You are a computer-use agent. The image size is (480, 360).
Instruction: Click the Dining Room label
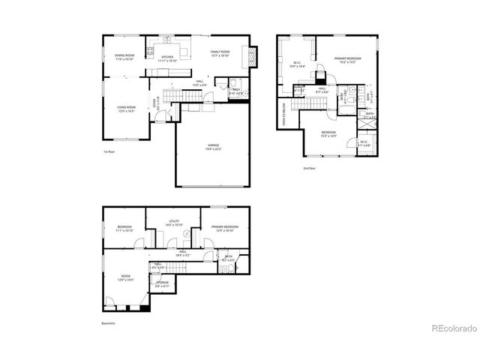[x=124, y=56]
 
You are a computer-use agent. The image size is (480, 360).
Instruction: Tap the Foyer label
[x=156, y=103]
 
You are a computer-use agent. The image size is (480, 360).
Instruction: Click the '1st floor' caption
[x=109, y=151]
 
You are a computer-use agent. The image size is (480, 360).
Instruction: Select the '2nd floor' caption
[x=309, y=169]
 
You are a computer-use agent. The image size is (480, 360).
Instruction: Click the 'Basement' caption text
[x=109, y=324]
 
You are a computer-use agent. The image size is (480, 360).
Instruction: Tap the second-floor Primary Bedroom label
[x=348, y=58]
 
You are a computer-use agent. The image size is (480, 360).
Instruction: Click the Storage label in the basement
[x=162, y=283]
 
